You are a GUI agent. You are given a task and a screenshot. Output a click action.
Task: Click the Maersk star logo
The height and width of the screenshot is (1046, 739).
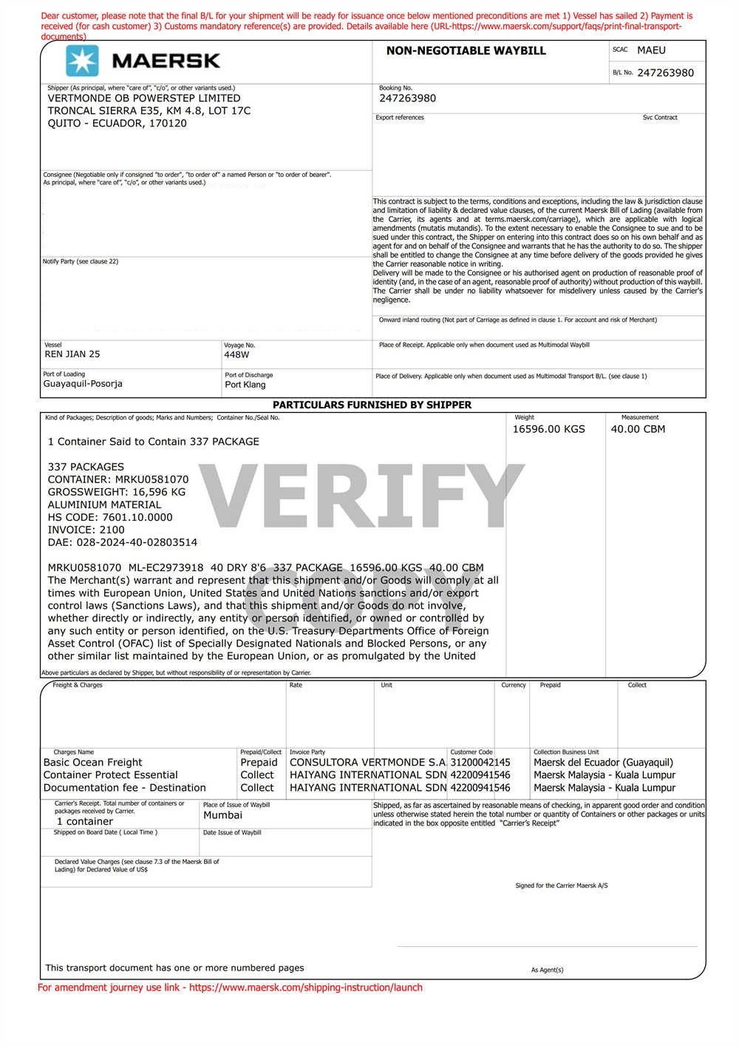click(82, 61)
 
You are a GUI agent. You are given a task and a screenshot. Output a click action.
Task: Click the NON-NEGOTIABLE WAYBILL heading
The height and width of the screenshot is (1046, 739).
click(466, 51)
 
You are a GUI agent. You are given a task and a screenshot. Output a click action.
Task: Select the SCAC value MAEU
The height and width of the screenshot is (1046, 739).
click(651, 50)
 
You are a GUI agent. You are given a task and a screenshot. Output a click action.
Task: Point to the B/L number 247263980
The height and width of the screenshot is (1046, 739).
click(665, 72)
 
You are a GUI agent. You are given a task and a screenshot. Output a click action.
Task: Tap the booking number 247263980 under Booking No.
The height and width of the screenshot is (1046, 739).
click(407, 98)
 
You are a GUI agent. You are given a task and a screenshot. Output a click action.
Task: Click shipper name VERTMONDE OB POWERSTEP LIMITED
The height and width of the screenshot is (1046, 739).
click(144, 98)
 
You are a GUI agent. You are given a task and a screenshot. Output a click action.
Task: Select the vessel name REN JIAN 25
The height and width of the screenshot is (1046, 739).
click(72, 354)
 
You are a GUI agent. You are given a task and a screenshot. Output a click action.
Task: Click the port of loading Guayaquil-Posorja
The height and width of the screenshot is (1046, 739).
click(83, 384)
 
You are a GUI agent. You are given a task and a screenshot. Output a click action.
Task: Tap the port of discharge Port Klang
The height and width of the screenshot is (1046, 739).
click(245, 385)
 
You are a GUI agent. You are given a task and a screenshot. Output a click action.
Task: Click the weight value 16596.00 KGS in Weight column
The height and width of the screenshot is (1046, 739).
click(548, 429)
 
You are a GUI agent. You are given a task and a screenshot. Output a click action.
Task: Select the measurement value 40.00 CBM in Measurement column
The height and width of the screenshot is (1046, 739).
click(638, 429)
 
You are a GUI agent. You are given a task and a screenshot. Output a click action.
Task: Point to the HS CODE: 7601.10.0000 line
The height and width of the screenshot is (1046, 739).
click(110, 517)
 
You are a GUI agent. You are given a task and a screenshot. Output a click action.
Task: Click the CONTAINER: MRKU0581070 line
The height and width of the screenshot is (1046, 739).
click(118, 479)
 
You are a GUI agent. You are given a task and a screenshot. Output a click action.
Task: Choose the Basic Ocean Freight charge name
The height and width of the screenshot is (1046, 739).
click(93, 763)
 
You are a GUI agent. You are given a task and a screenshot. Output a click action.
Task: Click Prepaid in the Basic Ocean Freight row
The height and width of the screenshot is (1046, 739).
click(259, 763)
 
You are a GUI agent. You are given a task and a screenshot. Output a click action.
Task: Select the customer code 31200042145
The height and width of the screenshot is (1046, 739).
click(480, 763)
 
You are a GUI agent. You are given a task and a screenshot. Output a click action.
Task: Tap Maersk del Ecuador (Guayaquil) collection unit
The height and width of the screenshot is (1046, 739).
click(603, 763)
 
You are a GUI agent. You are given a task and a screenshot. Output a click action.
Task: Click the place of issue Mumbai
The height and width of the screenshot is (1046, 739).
click(222, 815)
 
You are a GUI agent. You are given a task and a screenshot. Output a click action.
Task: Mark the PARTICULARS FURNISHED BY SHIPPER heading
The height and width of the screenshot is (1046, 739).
click(372, 405)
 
